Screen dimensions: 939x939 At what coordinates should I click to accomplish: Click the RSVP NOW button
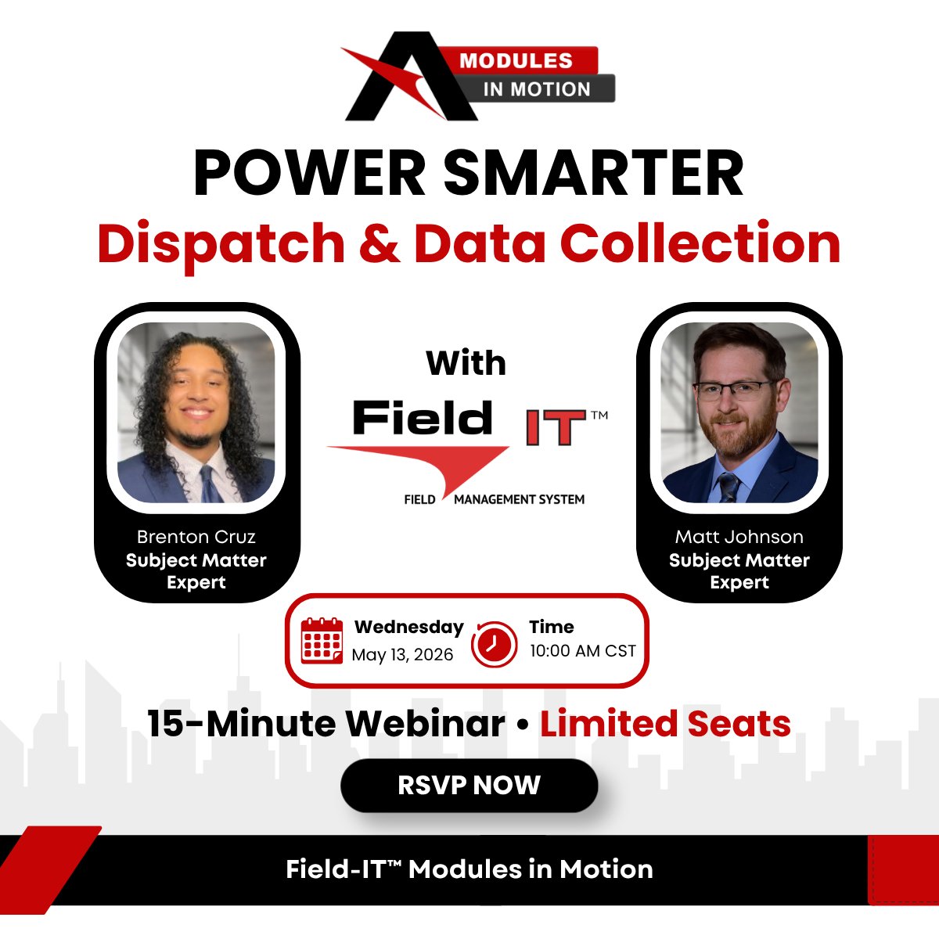pos(469,785)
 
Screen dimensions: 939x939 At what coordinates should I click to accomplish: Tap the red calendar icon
pos(322,641)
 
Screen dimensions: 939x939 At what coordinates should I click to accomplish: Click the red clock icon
pos(494,644)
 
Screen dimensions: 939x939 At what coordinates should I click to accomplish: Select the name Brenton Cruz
pos(196,537)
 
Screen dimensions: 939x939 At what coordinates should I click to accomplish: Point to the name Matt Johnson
pos(739,537)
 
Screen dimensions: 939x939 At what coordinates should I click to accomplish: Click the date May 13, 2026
pos(402,655)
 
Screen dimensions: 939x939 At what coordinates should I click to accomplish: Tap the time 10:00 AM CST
pos(582,651)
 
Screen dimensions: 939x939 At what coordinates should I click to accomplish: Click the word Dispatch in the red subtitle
pos(221,243)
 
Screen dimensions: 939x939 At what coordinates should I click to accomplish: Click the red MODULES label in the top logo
pos(516,61)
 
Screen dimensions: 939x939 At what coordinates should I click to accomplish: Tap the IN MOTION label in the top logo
pos(537,89)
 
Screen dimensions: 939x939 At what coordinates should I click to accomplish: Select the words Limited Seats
pos(665,724)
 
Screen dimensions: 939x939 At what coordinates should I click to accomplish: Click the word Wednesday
pos(408,627)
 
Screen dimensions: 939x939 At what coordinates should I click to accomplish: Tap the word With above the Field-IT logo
pos(466,363)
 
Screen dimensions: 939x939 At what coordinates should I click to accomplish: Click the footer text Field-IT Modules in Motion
pos(469,869)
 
